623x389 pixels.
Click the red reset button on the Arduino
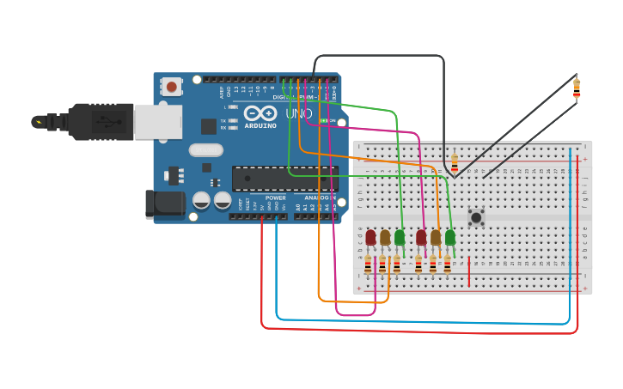point(172,87)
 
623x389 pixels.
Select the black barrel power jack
point(164,204)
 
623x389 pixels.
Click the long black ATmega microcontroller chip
point(283,179)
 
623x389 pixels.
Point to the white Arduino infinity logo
point(260,113)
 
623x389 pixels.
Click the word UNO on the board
point(298,113)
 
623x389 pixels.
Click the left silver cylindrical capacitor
point(202,200)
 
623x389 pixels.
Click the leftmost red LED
point(370,237)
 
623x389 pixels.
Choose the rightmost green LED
point(450,237)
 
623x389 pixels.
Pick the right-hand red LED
point(421,237)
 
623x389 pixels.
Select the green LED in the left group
point(400,237)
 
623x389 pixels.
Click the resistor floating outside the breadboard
point(576,88)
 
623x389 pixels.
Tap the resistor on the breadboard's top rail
point(455,161)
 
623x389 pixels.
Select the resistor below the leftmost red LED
point(368,264)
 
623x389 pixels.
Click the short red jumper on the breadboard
point(469,270)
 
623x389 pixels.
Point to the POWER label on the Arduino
point(275,198)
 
